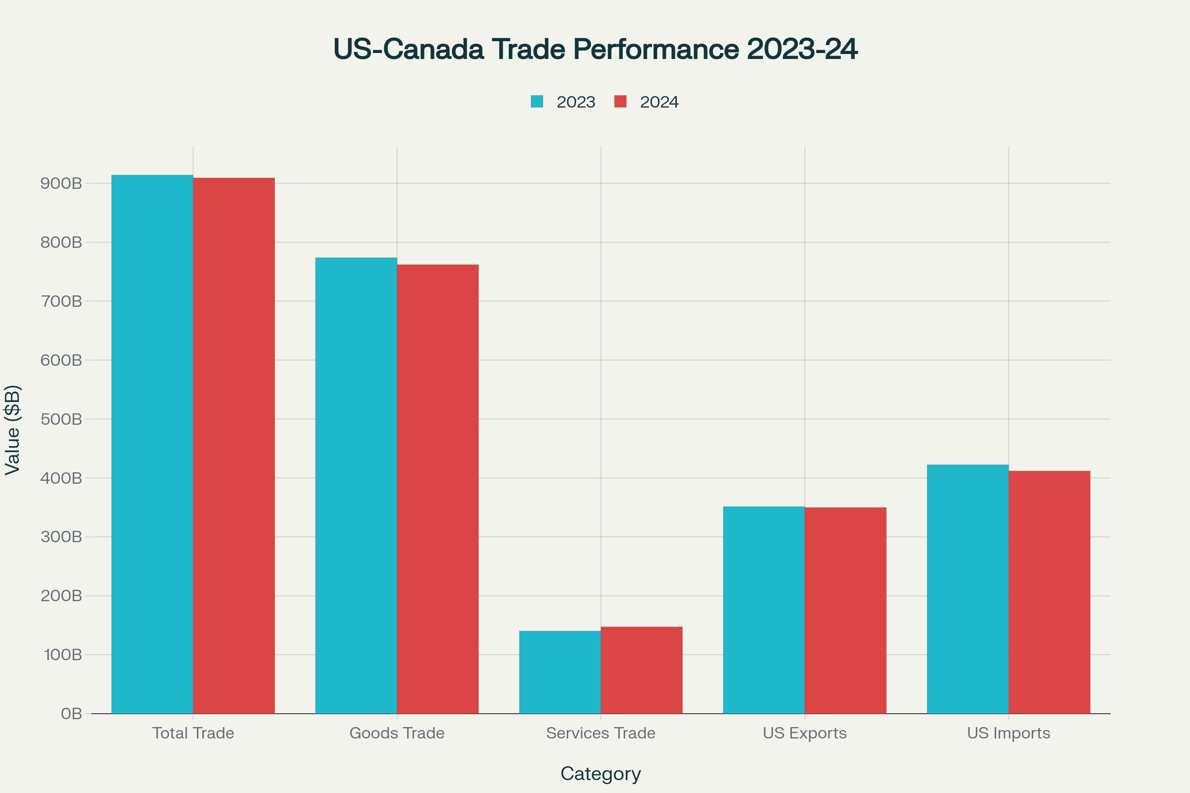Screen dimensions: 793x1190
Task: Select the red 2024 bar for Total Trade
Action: tap(234, 446)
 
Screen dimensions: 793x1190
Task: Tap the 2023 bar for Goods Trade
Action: tap(356, 486)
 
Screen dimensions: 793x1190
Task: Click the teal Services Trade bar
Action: tap(560, 672)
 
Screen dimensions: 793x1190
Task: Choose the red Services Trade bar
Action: tap(642, 670)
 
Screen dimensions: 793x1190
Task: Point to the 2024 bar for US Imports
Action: tap(1049, 592)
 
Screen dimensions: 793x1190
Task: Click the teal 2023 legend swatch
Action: tap(537, 102)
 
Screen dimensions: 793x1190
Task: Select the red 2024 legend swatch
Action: tap(620, 102)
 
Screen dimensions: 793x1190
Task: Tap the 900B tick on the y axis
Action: tap(61, 183)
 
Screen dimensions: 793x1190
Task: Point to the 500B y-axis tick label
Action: tap(61, 419)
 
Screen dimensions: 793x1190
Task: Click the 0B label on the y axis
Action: tap(71, 714)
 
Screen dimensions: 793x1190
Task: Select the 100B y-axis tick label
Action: tap(63, 655)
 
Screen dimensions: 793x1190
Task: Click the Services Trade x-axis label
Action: tap(600, 733)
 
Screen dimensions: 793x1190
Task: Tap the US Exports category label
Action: tap(804, 733)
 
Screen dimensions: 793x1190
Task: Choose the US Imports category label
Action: tap(1009, 733)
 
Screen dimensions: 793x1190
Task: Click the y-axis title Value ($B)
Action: tap(13, 430)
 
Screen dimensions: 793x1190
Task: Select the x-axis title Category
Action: tap(600, 774)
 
